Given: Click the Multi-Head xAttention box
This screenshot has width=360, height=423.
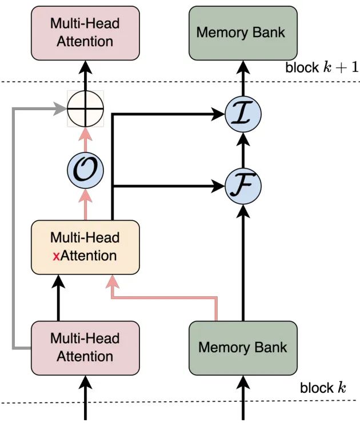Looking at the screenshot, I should (x=85, y=247).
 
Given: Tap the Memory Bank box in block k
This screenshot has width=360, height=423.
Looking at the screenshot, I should (x=242, y=347).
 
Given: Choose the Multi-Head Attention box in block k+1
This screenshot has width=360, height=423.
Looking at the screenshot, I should (x=85, y=33).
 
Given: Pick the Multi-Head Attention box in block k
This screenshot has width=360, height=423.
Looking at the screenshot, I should (x=85, y=347).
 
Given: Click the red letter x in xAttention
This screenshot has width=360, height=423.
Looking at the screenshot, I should (x=56, y=256).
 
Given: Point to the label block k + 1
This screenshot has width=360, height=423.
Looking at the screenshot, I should (x=321, y=67).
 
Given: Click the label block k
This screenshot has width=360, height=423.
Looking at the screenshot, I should (x=323, y=388).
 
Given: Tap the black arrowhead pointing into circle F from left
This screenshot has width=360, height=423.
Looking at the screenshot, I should (x=219, y=186).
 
